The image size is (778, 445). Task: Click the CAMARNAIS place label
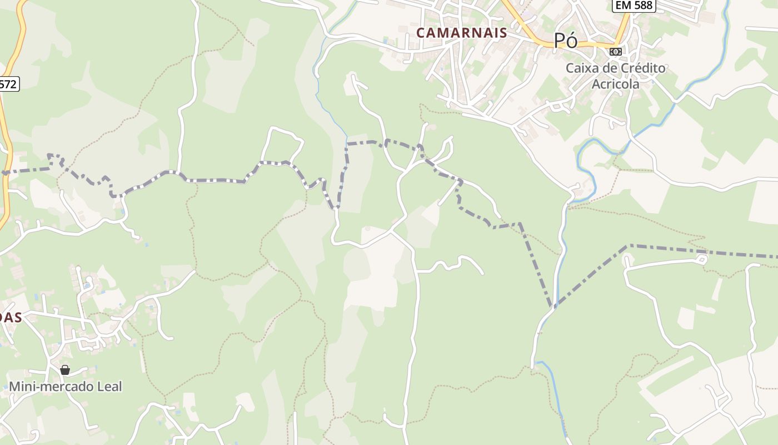(x=461, y=33)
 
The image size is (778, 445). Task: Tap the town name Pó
(x=566, y=41)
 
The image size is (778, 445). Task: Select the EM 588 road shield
(x=634, y=6)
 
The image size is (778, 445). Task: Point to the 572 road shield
(x=8, y=85)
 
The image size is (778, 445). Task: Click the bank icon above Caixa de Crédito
(x=615, y=52)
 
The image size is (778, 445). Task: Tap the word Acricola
(x=615, y=85)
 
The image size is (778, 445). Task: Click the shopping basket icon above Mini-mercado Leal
(x=65, y=370)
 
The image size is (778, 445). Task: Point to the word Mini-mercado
(x=47, y=386)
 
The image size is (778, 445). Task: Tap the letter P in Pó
(x=560, y=41)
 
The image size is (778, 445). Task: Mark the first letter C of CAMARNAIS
(x=421, y=33)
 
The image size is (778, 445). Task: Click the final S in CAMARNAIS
(x=503, y=33)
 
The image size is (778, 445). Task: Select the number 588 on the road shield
(x=643, y=6)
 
